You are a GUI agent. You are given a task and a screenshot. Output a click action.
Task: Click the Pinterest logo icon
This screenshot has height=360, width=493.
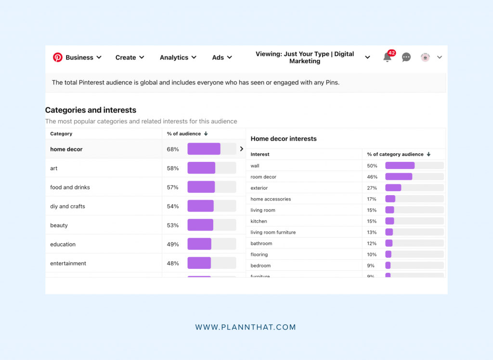click(x=58, y=57)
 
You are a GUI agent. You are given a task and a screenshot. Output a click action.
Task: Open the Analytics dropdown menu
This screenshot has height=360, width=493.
click(x=178, y=57)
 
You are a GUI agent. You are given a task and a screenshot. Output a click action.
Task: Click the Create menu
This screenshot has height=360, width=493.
click(x=130, y=57)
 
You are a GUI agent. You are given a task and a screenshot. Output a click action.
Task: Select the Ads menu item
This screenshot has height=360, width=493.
click(x=221, y=57)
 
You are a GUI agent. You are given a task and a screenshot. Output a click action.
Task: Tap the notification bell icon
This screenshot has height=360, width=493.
click(x=387, y=57)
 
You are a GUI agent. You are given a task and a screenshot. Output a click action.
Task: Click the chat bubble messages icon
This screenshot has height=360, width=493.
click(x=406, y=57)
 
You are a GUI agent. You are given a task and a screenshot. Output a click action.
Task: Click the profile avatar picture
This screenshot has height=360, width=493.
click(x=425, y=57)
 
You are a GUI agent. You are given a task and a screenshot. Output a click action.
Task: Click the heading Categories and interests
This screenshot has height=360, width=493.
click(x=91, y=110)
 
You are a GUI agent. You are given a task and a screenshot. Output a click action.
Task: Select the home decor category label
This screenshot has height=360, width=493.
click(x=66, y=149)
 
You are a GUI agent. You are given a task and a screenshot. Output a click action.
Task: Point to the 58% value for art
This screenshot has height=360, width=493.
click(x=173, y=168)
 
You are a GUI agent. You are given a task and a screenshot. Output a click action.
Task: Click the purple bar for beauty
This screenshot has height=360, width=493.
click(x=200, y=225)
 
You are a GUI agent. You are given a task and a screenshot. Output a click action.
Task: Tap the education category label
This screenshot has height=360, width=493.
click(x=63, y=244)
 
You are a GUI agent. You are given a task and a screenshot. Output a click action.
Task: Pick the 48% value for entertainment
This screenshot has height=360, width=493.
click(x=173, y=264)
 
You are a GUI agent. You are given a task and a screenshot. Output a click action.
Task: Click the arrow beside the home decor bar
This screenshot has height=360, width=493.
click(x=242, y=149)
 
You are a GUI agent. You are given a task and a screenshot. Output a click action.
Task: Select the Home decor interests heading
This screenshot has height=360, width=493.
click(x=284, y=139)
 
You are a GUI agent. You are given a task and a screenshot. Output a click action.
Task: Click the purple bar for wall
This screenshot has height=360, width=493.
click(x=400, y=166)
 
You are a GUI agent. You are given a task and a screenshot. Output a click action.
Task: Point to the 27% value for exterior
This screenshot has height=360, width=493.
click(x=372, y=188)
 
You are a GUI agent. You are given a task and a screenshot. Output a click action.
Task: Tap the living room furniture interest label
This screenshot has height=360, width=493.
click(x=273, y=232)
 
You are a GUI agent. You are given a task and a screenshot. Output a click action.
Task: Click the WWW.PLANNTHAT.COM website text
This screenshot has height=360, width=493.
click(x=246, y=327)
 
